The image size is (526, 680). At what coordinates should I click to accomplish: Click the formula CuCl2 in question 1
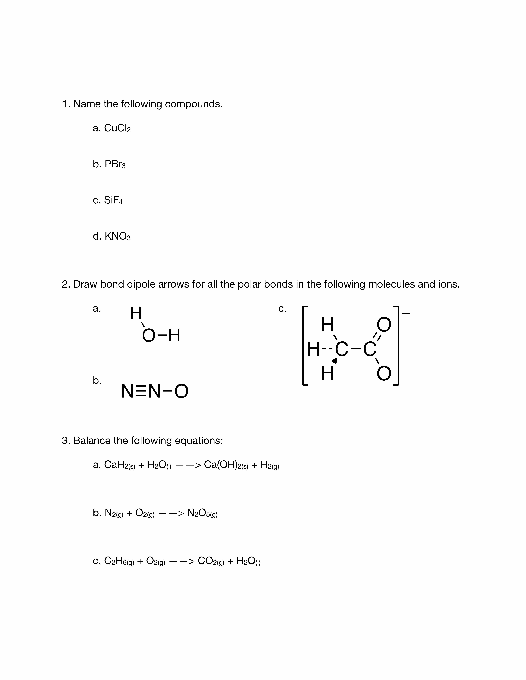117,128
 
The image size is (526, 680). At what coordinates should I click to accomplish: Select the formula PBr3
115,164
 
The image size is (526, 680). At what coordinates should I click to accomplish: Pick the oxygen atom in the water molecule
149,336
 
